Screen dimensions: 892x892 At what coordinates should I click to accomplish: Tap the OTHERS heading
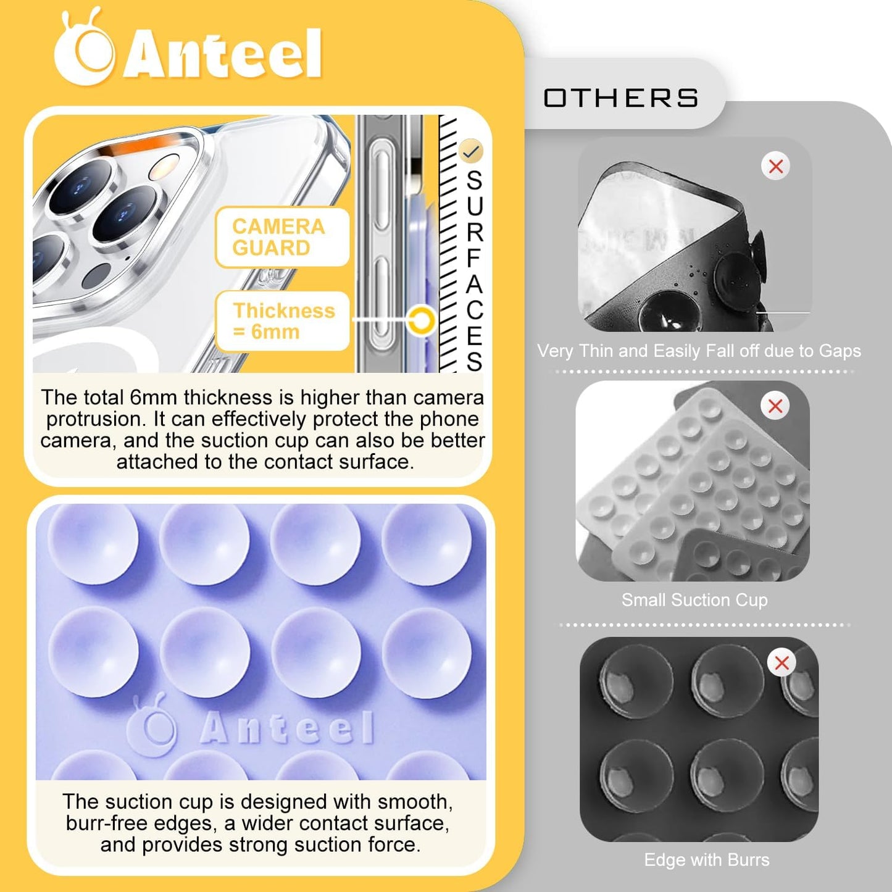click(x=620, y=98)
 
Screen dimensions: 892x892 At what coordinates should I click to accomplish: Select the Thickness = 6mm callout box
click(x=283, y=321)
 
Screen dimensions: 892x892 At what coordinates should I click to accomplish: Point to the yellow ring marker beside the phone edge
click(x=422, y=320)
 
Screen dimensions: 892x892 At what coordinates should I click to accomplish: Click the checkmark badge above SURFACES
click(x=471, y=151)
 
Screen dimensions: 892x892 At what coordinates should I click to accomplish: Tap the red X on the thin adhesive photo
click(x=776, y=166)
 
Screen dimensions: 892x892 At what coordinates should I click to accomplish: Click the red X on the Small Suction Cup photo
click(x=775, y=406)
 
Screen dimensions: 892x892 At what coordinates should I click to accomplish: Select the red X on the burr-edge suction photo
click(x=782, y=663)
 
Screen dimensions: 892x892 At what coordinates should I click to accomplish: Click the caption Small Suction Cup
click(x=694, y=600)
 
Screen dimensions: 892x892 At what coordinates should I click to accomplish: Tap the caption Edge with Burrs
click(x=707, y=860)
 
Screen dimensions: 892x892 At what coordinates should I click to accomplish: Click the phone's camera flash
click(x=165, y=167)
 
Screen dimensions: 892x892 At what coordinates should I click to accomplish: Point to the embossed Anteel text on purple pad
click(x=288, y=728)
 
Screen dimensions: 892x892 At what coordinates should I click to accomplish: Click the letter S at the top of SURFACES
click(x=474, y=180)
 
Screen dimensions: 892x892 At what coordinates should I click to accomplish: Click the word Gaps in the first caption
click(x=840, y=351)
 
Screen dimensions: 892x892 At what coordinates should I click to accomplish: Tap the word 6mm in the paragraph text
click(x=153, y=398)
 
